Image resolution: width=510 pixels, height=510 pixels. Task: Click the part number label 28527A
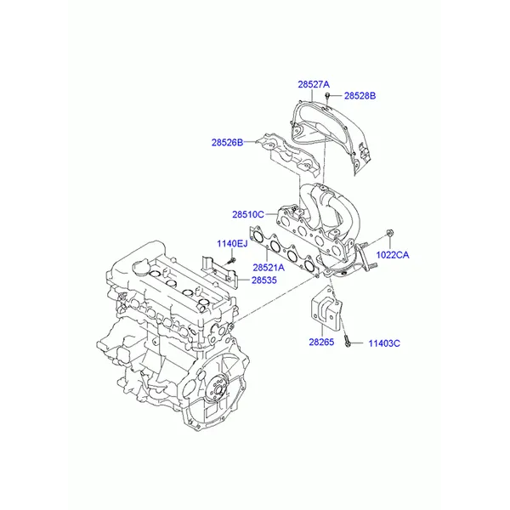click(314, 84)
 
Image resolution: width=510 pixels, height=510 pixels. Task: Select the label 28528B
click(360, 95)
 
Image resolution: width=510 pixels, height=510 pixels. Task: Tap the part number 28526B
click(227, 143)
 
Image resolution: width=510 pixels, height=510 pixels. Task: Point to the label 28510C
click(248, 215)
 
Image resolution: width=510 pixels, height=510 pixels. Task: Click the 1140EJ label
click(232, 243)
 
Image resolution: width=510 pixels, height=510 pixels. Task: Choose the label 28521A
click(269, 268)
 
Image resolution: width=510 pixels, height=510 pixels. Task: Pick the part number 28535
click(264, 280)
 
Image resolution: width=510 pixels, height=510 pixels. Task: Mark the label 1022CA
click(393, 255)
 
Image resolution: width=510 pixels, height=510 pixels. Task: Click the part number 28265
click(321, 342)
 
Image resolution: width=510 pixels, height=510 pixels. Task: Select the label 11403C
click(384, 343)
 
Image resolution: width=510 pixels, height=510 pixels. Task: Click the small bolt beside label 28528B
click(328, 97)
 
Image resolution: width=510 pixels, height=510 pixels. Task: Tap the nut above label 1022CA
click(389, 233)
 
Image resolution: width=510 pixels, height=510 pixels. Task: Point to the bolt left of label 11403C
click(347, 343)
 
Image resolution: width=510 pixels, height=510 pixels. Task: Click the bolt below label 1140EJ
click(231, 260)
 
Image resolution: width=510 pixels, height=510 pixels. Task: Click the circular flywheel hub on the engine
click(218, 388)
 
